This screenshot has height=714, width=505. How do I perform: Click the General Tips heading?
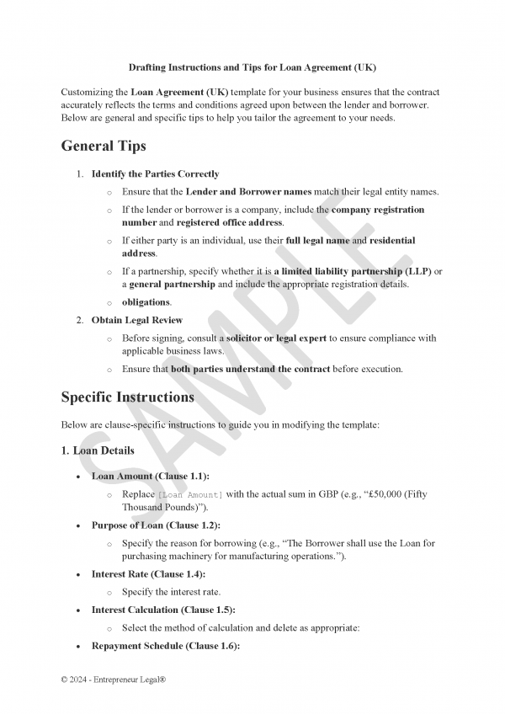(x=104, y=146)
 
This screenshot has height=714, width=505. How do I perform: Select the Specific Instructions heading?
(x=127, y=397)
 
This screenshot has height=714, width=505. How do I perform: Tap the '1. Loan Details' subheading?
(x=98, y=450)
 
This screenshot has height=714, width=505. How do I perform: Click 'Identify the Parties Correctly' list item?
(x=155, y=174)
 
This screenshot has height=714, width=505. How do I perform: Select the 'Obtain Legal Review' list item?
(x=136, y=320)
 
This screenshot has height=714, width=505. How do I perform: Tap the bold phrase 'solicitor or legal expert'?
(x=276, y=338)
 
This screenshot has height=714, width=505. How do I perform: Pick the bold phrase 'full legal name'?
(x=317, y=241)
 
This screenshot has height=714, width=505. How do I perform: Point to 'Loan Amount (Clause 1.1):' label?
(x=151, y=477)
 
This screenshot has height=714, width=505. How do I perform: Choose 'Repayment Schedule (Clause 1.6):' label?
(x=166, y=646)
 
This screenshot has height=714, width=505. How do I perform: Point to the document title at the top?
(x=252, y=66)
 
